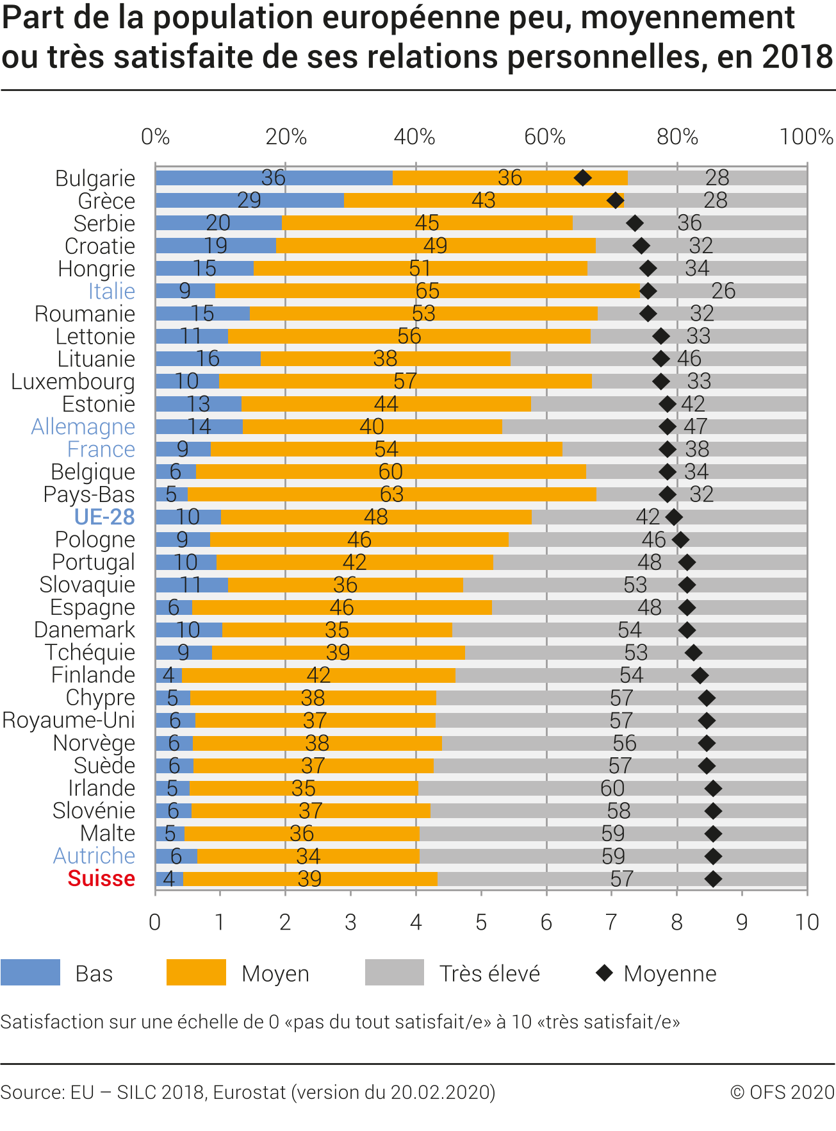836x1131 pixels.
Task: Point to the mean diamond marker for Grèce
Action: coord(615,201)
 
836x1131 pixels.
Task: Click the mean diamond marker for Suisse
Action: coord(713,879)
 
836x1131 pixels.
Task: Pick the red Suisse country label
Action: coord(101,878)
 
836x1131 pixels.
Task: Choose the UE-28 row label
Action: coord(104,517)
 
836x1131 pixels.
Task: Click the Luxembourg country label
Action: coord(73,381)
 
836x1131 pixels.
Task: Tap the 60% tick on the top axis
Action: coord(545,137)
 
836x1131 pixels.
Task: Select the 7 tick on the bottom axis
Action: coord(611,923)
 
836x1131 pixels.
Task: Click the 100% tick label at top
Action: coord(806,137)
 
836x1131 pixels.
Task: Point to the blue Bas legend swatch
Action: coord(30,973)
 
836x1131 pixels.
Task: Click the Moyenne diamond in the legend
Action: coord(604,973)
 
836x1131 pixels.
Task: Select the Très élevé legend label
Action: coord(489,974)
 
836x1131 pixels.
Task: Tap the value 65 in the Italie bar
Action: coord(427,291)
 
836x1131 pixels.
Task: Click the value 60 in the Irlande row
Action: coord(612,788)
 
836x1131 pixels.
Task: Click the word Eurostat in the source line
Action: coord(249,1092)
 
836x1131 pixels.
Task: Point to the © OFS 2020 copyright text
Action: coord(782,1092)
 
